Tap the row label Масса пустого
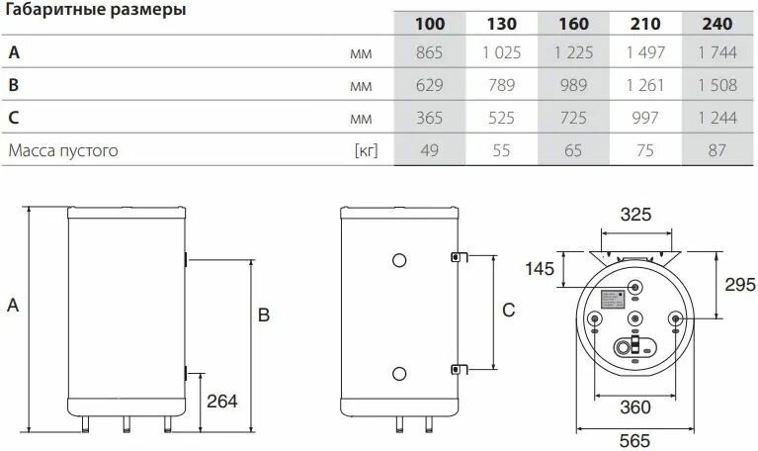pos(63,151)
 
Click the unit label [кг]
pos(367,151)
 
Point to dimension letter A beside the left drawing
pos(13,308)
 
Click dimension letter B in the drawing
pos(264,316)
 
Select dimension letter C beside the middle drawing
pos(508,311)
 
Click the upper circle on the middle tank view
pos(398,261)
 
